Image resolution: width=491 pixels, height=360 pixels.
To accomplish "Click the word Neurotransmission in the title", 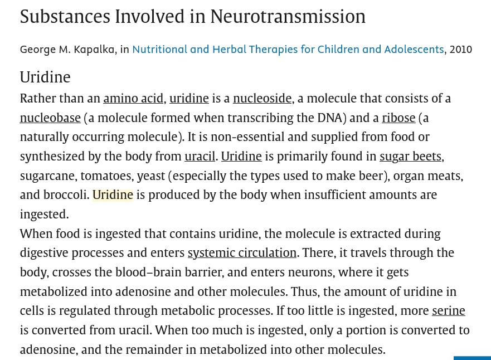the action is [x=288, y=16].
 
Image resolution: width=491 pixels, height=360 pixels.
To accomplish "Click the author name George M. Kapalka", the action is [x=67, y=50].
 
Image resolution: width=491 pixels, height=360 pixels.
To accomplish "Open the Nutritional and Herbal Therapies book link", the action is [x=288, y=50].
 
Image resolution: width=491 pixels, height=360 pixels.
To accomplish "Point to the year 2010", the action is [x=460, y=50].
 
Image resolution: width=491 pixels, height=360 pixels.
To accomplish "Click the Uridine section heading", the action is [x=45, y=77].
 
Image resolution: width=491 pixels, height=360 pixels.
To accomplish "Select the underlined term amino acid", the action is [x=133, y=99].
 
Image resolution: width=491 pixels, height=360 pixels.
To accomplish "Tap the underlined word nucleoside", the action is [x=262, y=99].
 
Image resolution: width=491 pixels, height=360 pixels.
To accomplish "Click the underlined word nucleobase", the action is [x=50, y=118].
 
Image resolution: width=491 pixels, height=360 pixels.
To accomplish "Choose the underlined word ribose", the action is [x=398, y=118].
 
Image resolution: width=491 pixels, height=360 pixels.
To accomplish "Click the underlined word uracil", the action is [x=200, y=156].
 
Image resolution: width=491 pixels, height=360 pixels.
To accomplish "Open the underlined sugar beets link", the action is [x=411, y=156].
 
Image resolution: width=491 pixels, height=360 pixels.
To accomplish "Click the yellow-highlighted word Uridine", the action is [x=113, y=194].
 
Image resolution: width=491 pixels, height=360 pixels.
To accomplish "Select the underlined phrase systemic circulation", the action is [x=242, y=252].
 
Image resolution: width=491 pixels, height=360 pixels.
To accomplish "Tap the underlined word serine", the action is [x=449, y=310].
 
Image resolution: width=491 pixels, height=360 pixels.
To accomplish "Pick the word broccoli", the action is [x=66, y=194].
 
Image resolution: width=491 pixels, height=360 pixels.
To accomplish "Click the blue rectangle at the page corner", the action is [x=472, y=358].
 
